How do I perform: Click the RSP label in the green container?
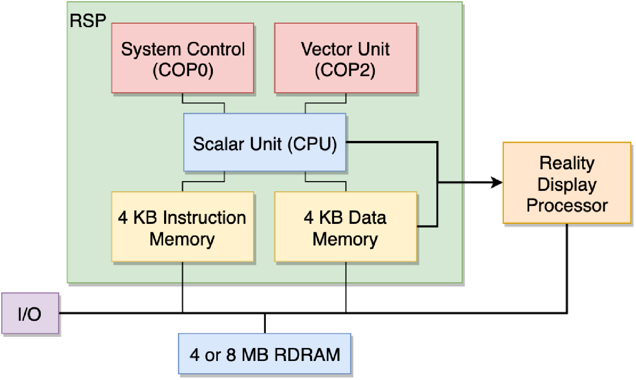[x=87, y=21]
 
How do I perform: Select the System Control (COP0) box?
[x=182, y=58]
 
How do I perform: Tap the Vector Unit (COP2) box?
[x=345, y=58]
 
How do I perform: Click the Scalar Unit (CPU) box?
[x=265, y=143]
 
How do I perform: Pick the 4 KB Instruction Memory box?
[x=182, y=227]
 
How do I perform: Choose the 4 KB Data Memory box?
[x=345, y=227]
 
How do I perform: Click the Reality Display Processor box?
[x=566, y=183]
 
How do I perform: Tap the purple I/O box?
[x=30, y=314]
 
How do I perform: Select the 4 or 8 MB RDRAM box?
[x=265, y=354]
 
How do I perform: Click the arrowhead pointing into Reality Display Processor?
[x=497, y=182]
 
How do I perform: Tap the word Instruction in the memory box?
[x=204, y=218]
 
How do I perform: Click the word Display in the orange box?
[x=567, y=184]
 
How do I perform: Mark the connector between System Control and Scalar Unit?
[x=204, y=103]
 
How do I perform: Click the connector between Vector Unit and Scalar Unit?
[x=326, y=103]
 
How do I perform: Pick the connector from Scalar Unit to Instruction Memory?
[x=204, y=182]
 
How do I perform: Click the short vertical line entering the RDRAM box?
[x=265, y=323]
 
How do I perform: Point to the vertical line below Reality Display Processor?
[x=567, y=267]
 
